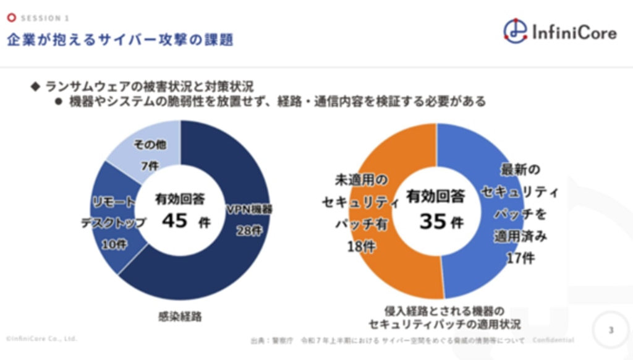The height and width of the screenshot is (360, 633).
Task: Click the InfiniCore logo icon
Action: pos(514,30)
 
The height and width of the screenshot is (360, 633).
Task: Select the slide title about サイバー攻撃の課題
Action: pos(120,40)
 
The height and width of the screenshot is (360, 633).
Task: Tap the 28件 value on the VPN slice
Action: pos(249,230)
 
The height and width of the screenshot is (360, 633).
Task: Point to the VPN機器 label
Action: pos(249,209)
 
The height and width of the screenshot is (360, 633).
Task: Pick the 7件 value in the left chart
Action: pos(150,167)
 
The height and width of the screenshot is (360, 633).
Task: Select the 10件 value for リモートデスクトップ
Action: pos(114,244)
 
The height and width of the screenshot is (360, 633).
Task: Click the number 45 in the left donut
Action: pos(174,220)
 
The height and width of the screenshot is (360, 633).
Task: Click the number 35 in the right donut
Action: pos(433,221)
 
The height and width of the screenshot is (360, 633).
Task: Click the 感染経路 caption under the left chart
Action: pos(180,317)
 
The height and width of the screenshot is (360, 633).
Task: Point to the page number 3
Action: pos(611,330)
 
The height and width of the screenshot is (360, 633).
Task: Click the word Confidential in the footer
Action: pos(553,340)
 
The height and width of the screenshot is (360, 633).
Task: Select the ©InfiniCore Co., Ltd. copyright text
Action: pos(41,339)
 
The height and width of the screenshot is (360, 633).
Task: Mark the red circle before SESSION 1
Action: pos(11,18)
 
